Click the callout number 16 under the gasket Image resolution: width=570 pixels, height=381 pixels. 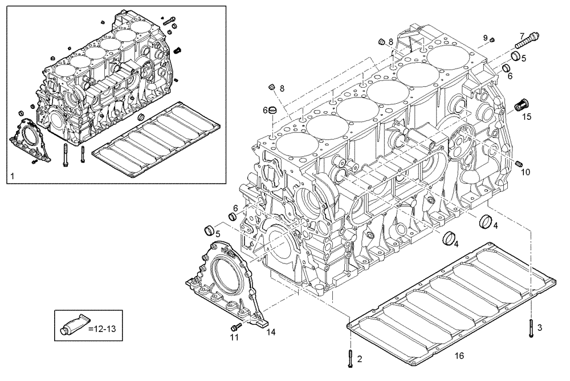tap(459, 356)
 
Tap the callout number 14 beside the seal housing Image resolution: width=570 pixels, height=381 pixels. tap(271, 333)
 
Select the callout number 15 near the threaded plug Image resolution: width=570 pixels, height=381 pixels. tap(527, 117)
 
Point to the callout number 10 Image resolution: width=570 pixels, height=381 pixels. tap(526, 172)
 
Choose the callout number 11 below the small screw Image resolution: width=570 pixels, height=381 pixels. tap(234, 338)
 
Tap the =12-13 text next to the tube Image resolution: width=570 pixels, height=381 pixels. tap(103, 328)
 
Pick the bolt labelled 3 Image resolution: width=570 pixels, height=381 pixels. tap(530, 329)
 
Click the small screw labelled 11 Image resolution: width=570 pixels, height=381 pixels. tap(236, 326)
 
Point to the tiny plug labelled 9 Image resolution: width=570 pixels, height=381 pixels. tap(492, 39)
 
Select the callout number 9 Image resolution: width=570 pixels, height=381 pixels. tap(486, 38)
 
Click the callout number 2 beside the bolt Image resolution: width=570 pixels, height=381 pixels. tap(359, 359)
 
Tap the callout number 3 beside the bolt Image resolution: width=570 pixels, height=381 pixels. tap(540, 327)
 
